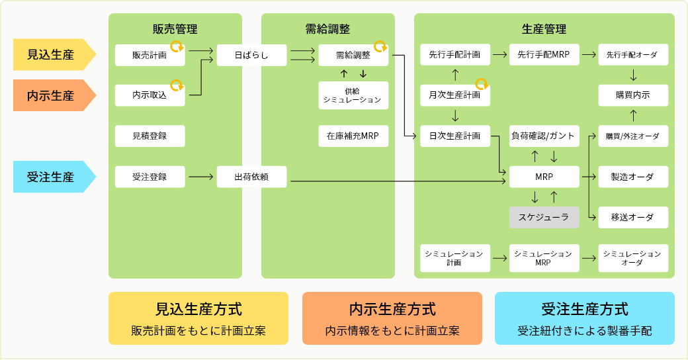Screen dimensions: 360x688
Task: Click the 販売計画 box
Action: (150, 56)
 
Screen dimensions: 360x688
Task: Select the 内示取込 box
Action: (150, 95)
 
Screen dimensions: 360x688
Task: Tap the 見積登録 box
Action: (150, 136)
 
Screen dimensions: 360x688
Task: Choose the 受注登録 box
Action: (150, 177)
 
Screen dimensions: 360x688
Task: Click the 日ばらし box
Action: (251, 56)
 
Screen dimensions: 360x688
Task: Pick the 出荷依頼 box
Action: (251, 177)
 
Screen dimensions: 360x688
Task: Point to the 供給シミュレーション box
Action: (353, 95)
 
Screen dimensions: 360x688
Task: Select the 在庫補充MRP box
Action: (353, 136)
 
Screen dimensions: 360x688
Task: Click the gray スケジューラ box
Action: (544, 217)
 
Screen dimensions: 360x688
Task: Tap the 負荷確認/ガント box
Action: (544, 136)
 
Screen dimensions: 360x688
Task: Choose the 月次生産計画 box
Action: (454, 95)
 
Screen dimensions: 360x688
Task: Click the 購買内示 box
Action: (633, 95)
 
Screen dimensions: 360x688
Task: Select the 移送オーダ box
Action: (633, 217)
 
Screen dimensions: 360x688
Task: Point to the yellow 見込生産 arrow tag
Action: (53, 55)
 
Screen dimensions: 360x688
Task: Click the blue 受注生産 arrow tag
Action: (53, 177)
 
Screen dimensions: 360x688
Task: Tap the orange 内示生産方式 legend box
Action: (392, 318)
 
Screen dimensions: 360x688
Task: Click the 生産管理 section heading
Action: (544, 29)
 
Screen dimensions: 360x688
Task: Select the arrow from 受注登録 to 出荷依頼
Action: (201, 177)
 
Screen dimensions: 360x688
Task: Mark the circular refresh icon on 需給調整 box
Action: (380, 46)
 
